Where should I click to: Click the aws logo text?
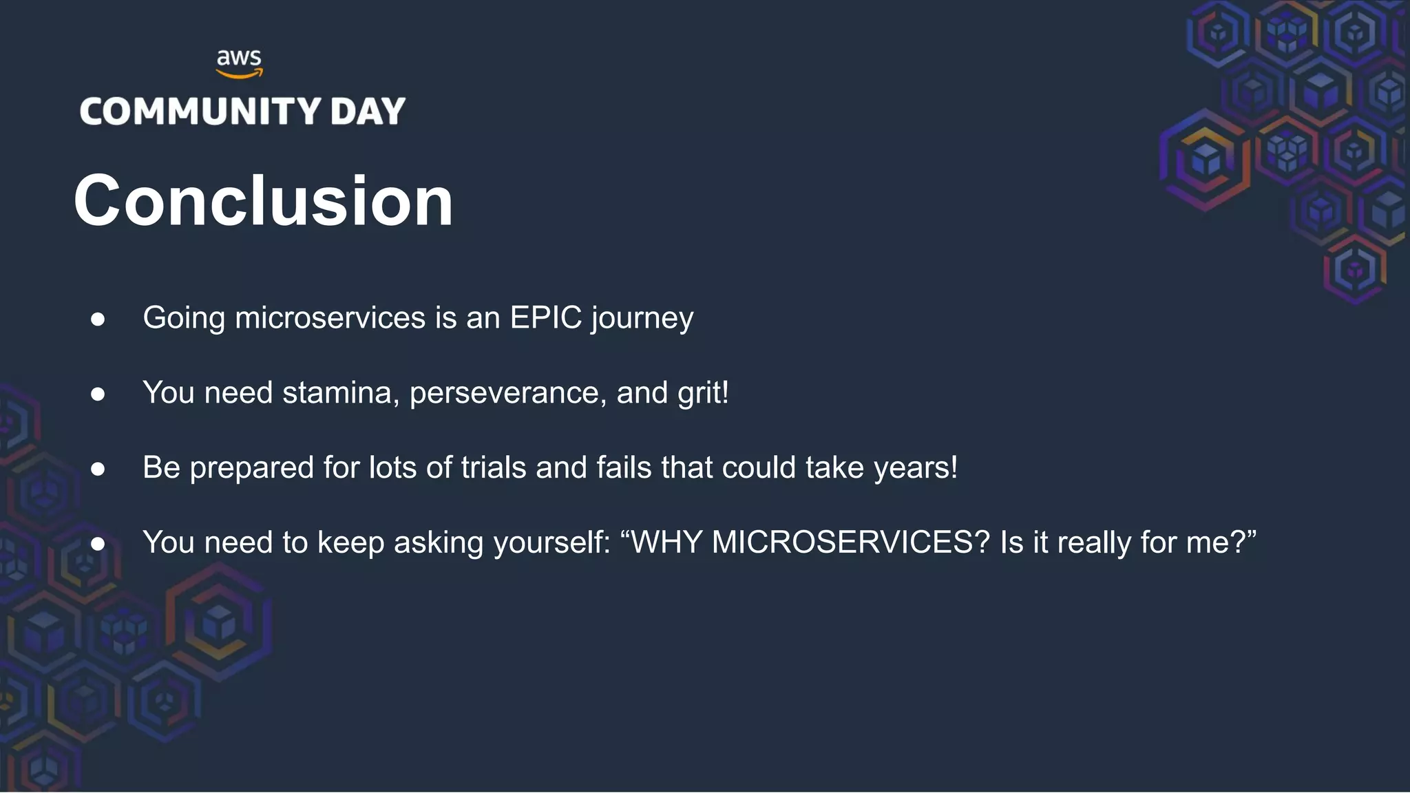coord(239,58)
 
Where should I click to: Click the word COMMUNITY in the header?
coord(200,112)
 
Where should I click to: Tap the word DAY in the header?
coord(368,112)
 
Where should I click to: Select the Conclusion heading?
coord(264,200)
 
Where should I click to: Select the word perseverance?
coord(507,394)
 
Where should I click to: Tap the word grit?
coord(703,394)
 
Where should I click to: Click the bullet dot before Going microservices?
coord(98,319)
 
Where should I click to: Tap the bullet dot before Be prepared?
coord(98,469)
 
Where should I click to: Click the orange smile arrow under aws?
coord(239,74)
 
